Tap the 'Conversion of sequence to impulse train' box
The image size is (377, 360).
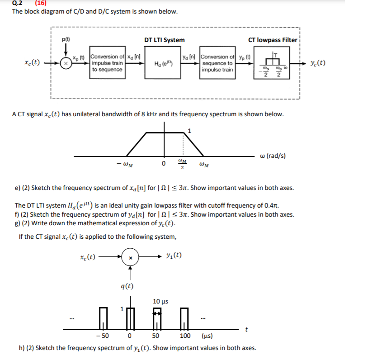[x=217, y=63]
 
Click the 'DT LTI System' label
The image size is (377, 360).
[x=164, y=40]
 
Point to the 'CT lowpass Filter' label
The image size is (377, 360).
[x=273, y=40]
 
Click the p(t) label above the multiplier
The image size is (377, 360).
[x=66, y=39]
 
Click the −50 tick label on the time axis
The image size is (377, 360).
[x=104, y=336]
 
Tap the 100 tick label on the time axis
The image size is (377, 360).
[x=185, y=336]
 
